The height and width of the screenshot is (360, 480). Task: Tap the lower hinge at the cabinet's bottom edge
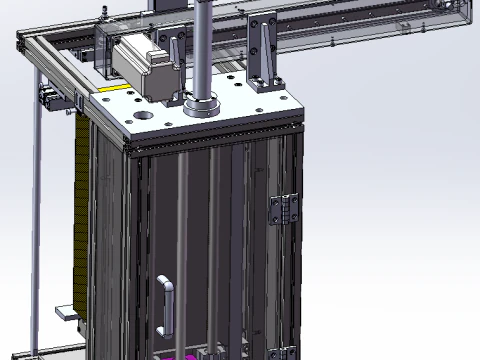point(285,352)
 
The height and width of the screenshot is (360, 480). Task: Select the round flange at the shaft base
point(203,105)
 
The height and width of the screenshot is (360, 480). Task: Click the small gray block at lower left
point(66,313)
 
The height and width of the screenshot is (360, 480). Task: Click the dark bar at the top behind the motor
point(170,8)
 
